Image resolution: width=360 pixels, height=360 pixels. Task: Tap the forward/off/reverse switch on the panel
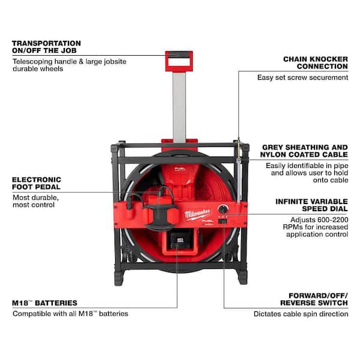coord(223,222)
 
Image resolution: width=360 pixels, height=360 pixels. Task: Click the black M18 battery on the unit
coord(176,245)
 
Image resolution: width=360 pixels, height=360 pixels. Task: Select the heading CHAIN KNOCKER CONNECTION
coord(316,64)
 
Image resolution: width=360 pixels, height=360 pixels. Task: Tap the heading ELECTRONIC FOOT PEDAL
coord(35,184)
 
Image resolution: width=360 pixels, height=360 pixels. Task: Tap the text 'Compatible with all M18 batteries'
coord(71,314)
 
